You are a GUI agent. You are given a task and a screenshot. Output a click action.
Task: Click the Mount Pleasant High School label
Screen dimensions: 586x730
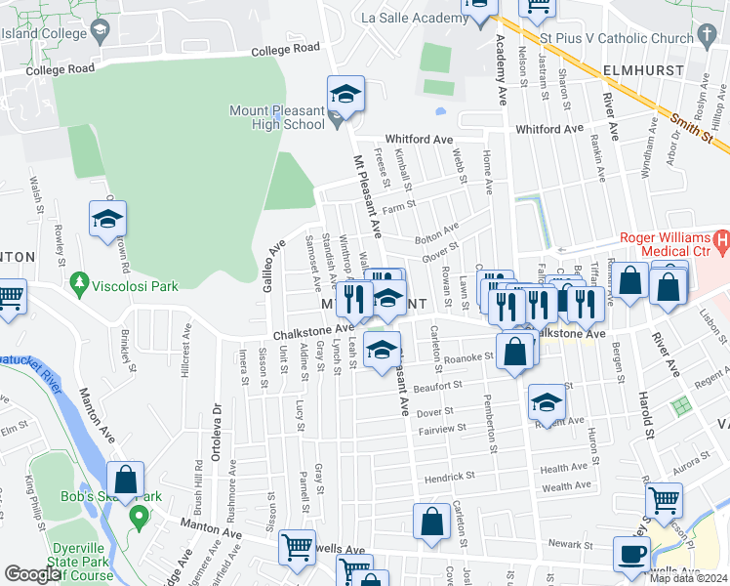[x=277, y=117]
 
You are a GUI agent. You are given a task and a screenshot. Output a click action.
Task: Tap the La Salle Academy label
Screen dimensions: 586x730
[x=408, y=18]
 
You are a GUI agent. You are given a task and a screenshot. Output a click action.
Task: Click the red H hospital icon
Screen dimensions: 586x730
[x=721, y=239]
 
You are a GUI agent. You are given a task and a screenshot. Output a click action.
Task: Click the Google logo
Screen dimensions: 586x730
[x=32, y=574]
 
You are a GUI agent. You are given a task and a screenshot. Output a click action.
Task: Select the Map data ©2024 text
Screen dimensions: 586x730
[x=688, y=578]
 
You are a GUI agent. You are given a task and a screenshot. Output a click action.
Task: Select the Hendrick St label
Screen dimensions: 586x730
[x=449, y=478]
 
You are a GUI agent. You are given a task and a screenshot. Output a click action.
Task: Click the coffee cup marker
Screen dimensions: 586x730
[x=631, y=553]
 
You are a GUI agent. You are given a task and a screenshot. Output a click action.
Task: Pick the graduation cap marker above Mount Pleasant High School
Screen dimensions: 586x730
[x=345, y=94]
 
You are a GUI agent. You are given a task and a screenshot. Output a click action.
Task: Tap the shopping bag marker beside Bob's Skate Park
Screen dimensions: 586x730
[x=125, y=481]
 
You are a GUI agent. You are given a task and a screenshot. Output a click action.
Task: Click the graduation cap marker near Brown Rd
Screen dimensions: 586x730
[x=107, y=219]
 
